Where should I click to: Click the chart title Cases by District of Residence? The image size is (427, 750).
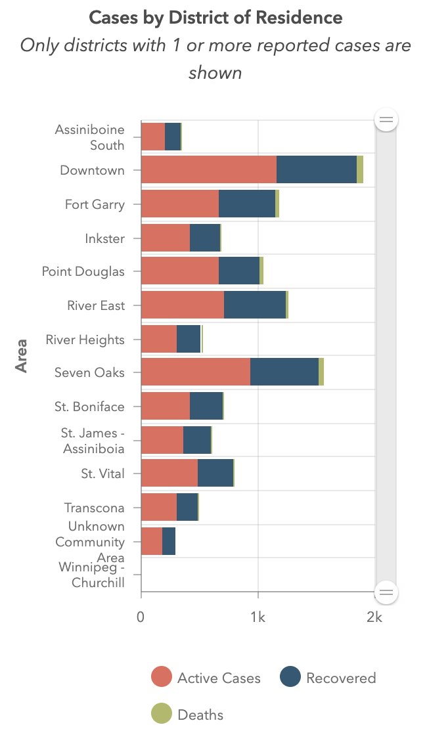(x=215, y=18)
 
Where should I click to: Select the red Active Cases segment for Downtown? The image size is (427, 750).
(x=208, y=170)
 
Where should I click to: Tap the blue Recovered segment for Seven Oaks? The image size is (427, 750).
(x=284, y=372)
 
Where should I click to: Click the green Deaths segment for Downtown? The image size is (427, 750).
(x=360, y=170)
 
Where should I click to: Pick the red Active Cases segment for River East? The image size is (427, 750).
(x=182, y=305)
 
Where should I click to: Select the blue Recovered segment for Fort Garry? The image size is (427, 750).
(x=246, y=204)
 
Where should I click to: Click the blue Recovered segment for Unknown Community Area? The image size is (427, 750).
(x=169, y=541)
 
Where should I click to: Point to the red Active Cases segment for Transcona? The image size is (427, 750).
(x=158, y=507)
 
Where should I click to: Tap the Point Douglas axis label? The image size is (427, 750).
(x=83, y=271)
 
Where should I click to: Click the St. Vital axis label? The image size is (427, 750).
(x=102, y=474)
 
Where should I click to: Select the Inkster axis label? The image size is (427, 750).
(x=104, y=238)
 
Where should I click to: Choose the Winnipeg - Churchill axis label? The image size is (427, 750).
(x=91, y=575)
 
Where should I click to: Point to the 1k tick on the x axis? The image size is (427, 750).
(x=258, y=617)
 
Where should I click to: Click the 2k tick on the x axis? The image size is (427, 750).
(x=374, y=617)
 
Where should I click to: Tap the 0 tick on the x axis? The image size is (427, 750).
(x=141, y=617)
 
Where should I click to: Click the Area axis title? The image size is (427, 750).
(x=22, y=355)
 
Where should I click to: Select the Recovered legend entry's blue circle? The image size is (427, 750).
(x=290, y=677)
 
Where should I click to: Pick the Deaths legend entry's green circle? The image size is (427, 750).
(x=162, y=715)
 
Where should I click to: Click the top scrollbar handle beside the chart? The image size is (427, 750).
(x=386, y=120)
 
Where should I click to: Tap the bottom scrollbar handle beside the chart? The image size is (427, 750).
(x=386, y=592)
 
